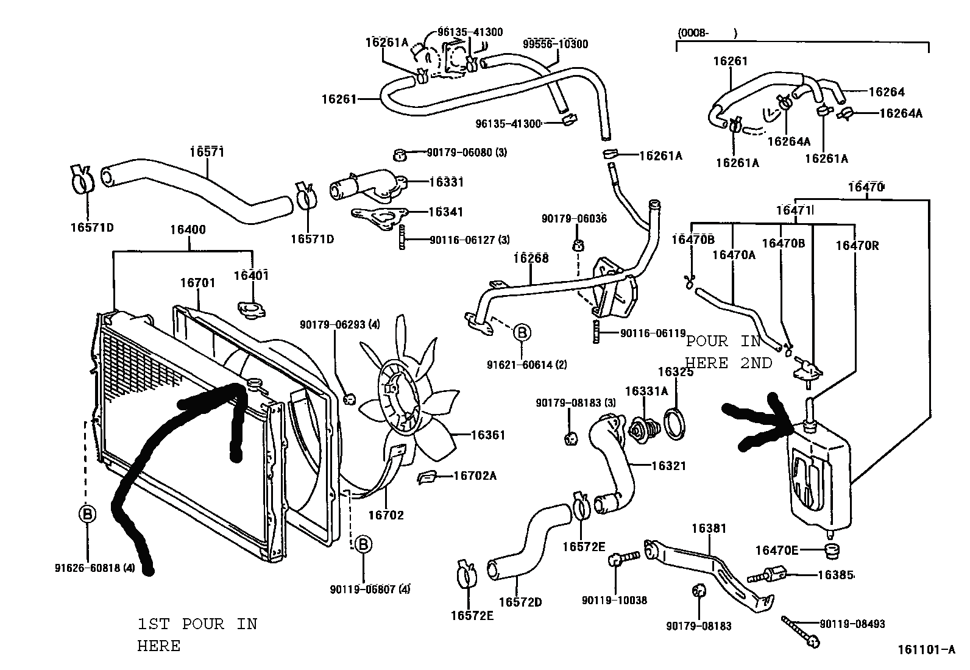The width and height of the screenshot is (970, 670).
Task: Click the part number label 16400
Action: [188, 230]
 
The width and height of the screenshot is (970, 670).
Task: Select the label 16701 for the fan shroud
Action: [197, 283]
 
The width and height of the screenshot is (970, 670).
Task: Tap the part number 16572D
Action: [520, 602]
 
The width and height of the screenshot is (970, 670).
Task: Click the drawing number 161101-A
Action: [926, 650]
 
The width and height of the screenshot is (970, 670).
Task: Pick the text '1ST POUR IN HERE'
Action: [197, 635]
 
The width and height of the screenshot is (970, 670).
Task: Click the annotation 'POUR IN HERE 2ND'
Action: [729, 352]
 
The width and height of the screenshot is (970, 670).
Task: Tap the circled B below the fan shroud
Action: [363, 544]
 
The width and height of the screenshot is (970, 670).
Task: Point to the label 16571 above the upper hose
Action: [207, 152]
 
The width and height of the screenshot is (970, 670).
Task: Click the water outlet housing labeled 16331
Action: [368, 187]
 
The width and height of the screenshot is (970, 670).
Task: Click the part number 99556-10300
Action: [555, 44]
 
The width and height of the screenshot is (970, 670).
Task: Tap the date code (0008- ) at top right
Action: [707, 33]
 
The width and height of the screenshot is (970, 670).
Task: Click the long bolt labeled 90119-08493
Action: [800, 632]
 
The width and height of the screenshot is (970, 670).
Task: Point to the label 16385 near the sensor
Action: [836, 575]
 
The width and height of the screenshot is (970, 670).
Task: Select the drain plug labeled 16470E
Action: [832, 551]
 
